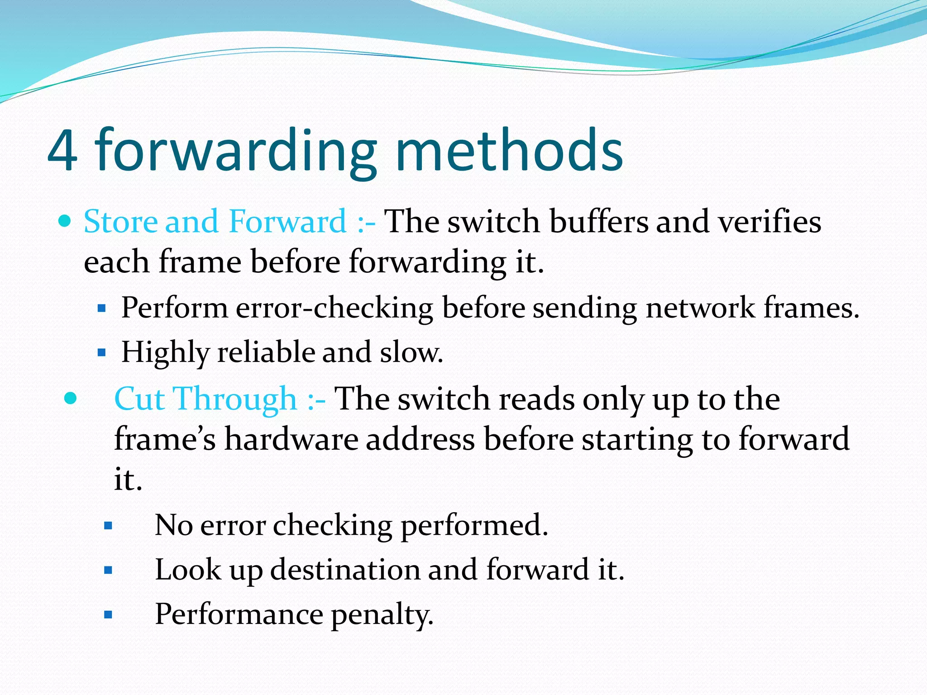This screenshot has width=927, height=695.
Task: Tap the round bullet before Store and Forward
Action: [x=66, y=221]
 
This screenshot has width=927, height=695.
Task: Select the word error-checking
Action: [x=334, y=308]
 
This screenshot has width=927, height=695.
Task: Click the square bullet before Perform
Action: [x=102, y=309]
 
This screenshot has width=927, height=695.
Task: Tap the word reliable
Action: [x=266, y=352]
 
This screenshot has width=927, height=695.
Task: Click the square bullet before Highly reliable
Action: [x=102, y=352]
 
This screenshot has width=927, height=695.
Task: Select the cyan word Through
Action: [x=236, y=399]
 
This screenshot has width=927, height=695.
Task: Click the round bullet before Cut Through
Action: [x=71, y=399]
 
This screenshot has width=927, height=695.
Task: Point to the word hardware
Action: [x=291, y=439]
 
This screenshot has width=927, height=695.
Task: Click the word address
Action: [x=420, y=439]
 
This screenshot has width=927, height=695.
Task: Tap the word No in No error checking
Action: [x=173, y=525]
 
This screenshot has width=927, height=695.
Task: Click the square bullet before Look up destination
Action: [x=108, y=570]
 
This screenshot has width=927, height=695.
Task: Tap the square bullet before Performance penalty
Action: [x=108, y=615]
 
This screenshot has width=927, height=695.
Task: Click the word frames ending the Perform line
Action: [x=810, y=308]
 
